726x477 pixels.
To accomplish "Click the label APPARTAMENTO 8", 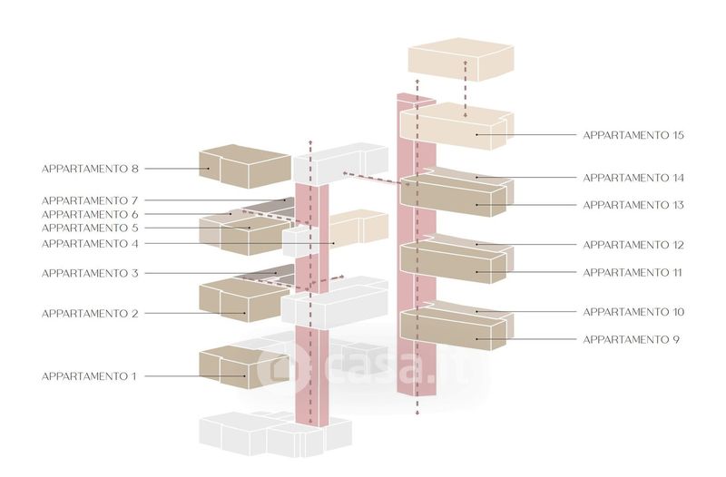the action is pos(90,169).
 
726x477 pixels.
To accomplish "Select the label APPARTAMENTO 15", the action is pos(633,135).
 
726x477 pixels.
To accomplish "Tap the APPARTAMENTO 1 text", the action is pos(90,375).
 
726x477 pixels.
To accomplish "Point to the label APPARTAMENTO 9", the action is pos(630,339).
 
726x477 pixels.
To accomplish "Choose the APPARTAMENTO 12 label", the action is pos(633,245).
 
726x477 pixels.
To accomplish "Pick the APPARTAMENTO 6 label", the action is pos(90,214).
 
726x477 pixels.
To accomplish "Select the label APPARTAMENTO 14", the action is pos(633,178).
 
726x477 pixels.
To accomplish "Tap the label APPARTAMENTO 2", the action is pos(90,314).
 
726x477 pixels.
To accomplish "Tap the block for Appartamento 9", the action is pos(454,328).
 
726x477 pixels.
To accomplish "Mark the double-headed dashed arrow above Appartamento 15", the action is pos(466,89).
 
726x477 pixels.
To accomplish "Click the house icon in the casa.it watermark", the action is pos(275,367).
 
